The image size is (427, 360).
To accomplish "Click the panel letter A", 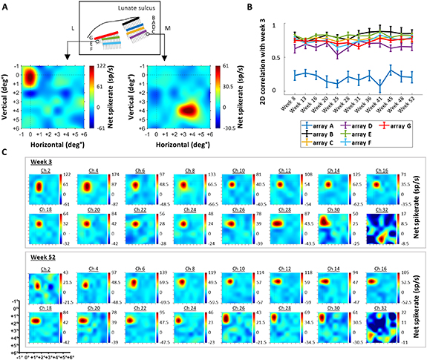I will click(6, 6).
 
